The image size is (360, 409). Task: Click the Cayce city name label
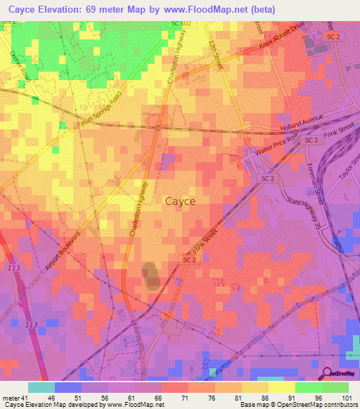point(180,201)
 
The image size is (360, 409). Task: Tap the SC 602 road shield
point(181,24)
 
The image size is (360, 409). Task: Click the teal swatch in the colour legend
point(41,387)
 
